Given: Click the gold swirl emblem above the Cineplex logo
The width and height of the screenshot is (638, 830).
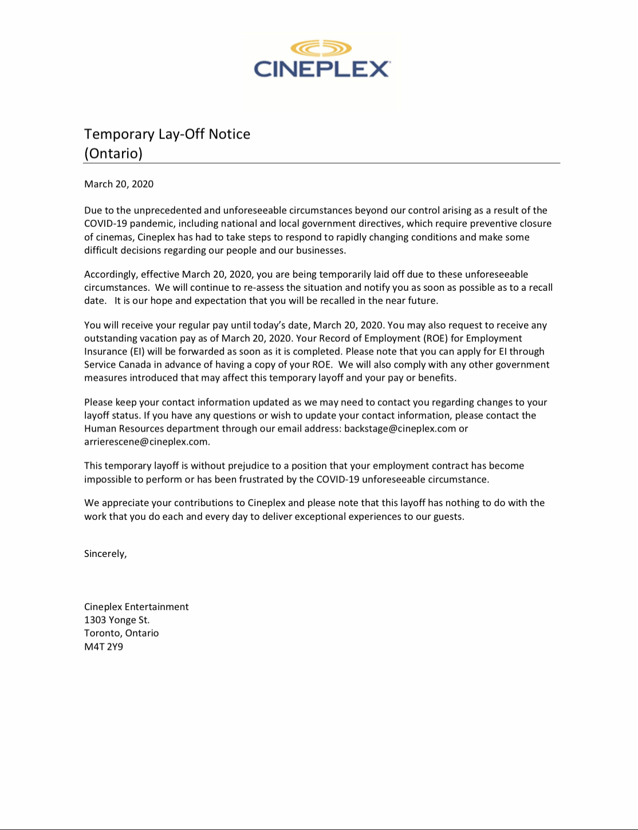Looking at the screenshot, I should (x=321, y=48).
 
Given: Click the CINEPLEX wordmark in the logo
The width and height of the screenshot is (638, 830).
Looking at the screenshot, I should (x=322, y=69).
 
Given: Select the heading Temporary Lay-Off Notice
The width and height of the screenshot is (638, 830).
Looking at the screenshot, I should (x=167, y=134).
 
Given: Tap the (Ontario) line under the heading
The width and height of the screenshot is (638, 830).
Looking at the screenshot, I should (x=113, y=153).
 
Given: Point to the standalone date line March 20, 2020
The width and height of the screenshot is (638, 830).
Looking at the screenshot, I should (x=119, y=184).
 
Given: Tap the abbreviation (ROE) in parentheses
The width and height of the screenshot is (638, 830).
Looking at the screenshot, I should (x=435, y=338).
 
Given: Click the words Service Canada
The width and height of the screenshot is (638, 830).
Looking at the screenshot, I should (x=117, y=365).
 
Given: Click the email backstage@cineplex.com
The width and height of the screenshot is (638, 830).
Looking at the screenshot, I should (x=400, y=429).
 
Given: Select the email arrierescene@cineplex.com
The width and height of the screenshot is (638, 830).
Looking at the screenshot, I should (x=146, y=442).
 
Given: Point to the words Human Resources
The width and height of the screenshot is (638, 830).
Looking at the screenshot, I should (x=124, y=429).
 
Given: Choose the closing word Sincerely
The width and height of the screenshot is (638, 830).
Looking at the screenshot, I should (x=105, y=554).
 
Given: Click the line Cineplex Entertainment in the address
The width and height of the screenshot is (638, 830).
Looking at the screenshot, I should (x=136, y=607).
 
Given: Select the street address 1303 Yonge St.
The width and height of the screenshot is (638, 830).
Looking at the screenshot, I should (x=117, y=620).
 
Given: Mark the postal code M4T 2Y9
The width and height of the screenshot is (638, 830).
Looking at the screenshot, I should (x=104, y=647).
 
